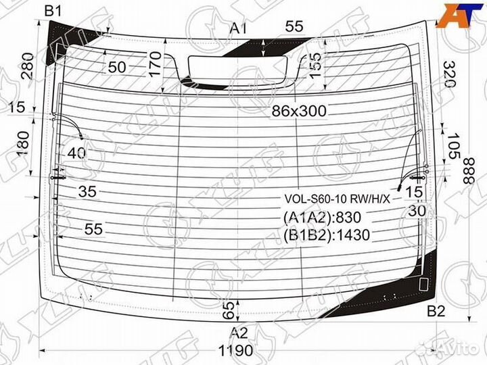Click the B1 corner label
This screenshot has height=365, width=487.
pos(53,11)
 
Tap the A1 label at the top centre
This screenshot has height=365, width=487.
pos(238,28)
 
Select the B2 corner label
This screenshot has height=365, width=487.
pos(436,311)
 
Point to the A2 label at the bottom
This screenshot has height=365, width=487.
pos(239,333)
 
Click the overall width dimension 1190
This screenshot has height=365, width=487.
pos(236,351)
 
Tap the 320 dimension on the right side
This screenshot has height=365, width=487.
pos(449,74)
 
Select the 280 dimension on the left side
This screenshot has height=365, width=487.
pos(28,66)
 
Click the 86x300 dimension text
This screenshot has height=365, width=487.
pos(299,111)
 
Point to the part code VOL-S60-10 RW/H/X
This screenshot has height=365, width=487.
pos(337,199)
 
